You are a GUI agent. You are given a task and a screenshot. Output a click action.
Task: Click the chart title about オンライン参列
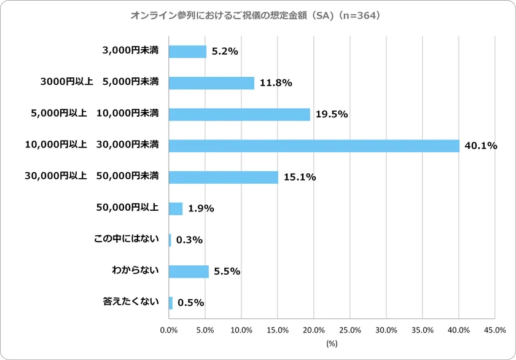[257, 15]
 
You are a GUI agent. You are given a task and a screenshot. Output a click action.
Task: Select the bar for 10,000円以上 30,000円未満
[314, 146]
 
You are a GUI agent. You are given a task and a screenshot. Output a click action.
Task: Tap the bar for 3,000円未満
[187, 52]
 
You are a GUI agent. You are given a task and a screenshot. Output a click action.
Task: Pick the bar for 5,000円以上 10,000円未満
[239, 114]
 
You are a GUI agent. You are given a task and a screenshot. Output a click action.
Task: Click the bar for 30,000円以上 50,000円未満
[223, 177]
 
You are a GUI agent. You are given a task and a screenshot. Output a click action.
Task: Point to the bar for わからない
[189, 271]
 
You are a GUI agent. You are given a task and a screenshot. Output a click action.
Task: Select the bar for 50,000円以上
[176, 208]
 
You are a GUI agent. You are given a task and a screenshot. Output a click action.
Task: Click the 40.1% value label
[480, 146]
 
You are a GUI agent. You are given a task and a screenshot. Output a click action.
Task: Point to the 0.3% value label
[189, 240]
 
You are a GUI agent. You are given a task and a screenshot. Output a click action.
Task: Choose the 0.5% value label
[190, 303]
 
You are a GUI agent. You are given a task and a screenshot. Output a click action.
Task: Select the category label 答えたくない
[131, 302]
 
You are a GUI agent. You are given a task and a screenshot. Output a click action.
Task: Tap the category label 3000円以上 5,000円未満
[99, 82]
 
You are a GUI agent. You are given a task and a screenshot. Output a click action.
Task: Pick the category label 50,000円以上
[127, 208]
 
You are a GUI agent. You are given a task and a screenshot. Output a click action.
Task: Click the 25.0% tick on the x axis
[350, 330]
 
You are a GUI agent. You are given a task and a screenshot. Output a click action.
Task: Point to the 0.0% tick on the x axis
[168, 330]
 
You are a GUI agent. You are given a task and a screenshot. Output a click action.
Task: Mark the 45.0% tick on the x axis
[495, 330]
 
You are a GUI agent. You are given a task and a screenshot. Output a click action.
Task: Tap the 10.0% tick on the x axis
[241, 330]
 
